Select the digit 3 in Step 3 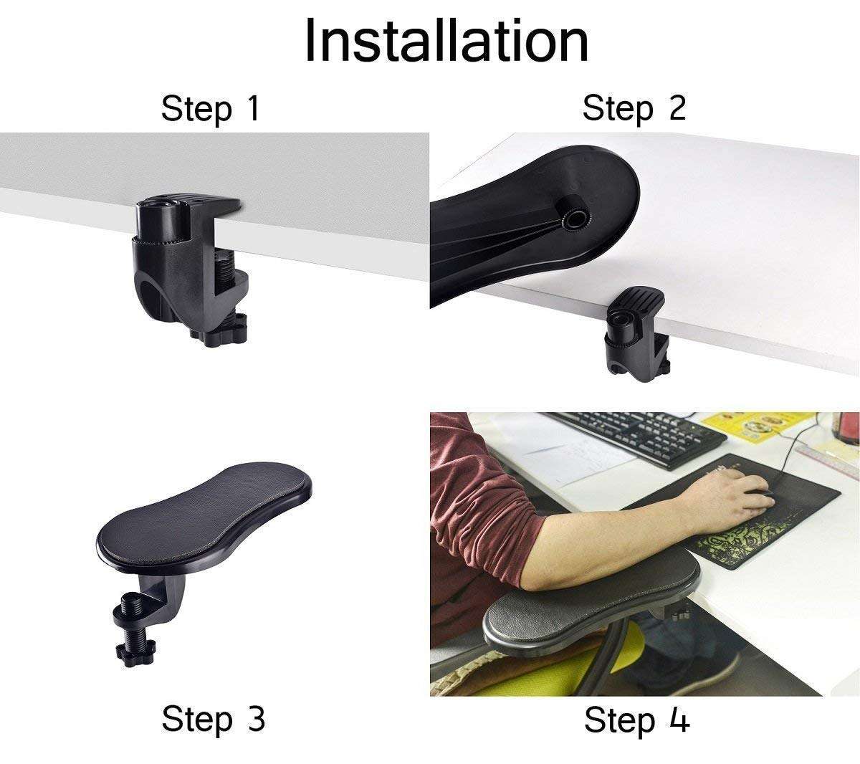click(254, 718)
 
